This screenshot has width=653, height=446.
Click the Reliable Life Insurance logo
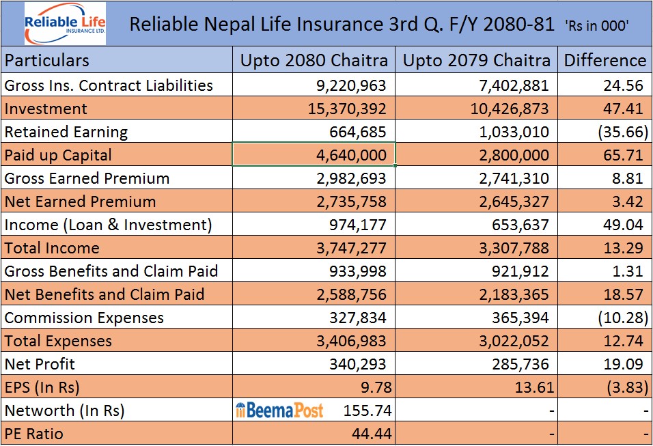point(65,24)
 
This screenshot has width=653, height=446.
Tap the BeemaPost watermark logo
point(279,410)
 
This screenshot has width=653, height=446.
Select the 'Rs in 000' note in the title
point(597,26)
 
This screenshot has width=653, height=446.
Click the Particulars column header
point(47,61)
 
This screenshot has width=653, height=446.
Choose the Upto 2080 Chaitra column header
point(314,61)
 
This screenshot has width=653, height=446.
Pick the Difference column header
point(605,61)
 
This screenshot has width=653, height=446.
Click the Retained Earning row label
point(66,132)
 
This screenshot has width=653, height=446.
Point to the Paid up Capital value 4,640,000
point(352,155)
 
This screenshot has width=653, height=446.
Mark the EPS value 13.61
point(535,387)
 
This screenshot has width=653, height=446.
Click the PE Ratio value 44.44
point(372,434)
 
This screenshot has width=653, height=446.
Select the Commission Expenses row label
point(84,318)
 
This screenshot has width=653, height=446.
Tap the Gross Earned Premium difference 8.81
point(629,178)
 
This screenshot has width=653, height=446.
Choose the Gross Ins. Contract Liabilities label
point(109,85)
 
